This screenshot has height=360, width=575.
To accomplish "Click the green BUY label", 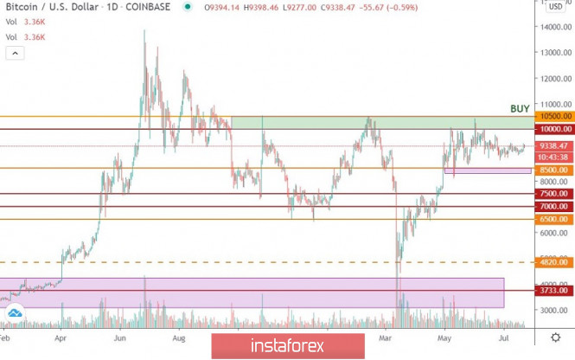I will (x=520, y=108).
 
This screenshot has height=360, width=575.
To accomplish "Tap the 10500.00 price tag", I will (x=553, y=116).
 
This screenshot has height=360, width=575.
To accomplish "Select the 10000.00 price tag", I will (x=553, y=129).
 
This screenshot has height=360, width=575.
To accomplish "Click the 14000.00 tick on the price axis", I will (x=553, y=27).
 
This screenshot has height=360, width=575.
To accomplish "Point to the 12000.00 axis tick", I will (x=553, y=78).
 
